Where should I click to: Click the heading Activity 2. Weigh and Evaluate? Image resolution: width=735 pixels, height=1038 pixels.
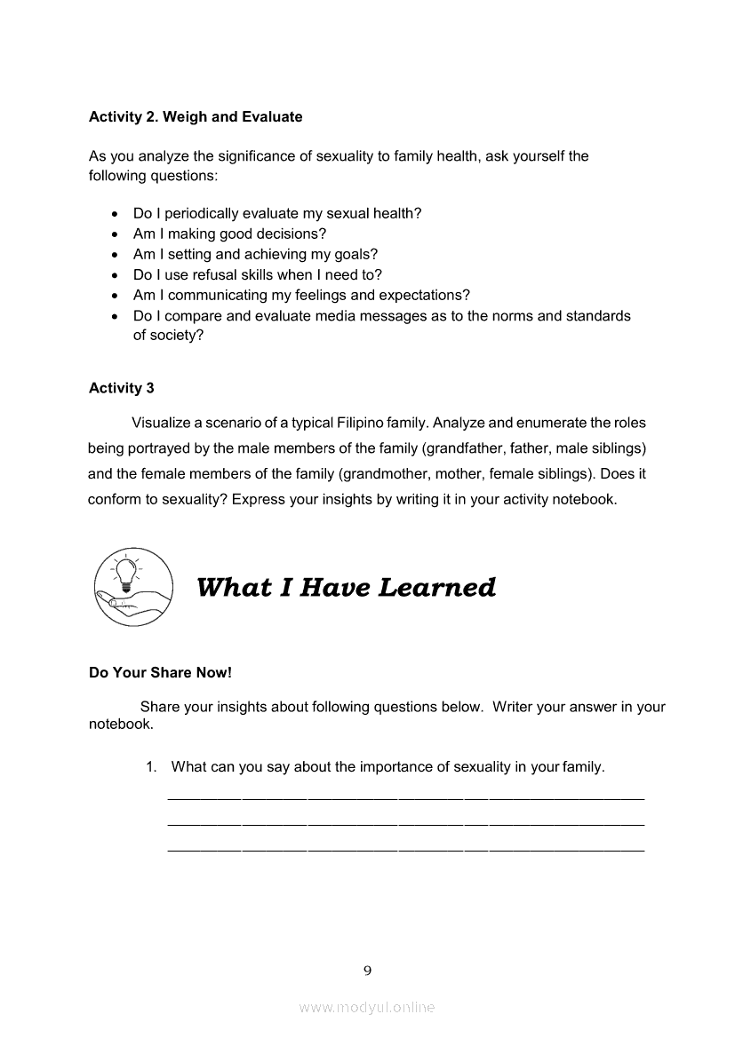click(x=196, y=117)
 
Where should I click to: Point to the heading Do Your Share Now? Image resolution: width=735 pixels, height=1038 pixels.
click(x=160, y=673)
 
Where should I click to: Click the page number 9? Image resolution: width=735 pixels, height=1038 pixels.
click(x=367, y=971)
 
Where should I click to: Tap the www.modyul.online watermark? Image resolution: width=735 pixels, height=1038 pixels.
click(x=367, y=1008)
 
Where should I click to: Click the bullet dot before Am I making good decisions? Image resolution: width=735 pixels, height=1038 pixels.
click(x=115, y=235)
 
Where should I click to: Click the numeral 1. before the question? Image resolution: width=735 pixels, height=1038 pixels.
click(x=151, y=767)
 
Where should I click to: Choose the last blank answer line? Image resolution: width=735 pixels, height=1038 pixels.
click(x=405, y=851)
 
